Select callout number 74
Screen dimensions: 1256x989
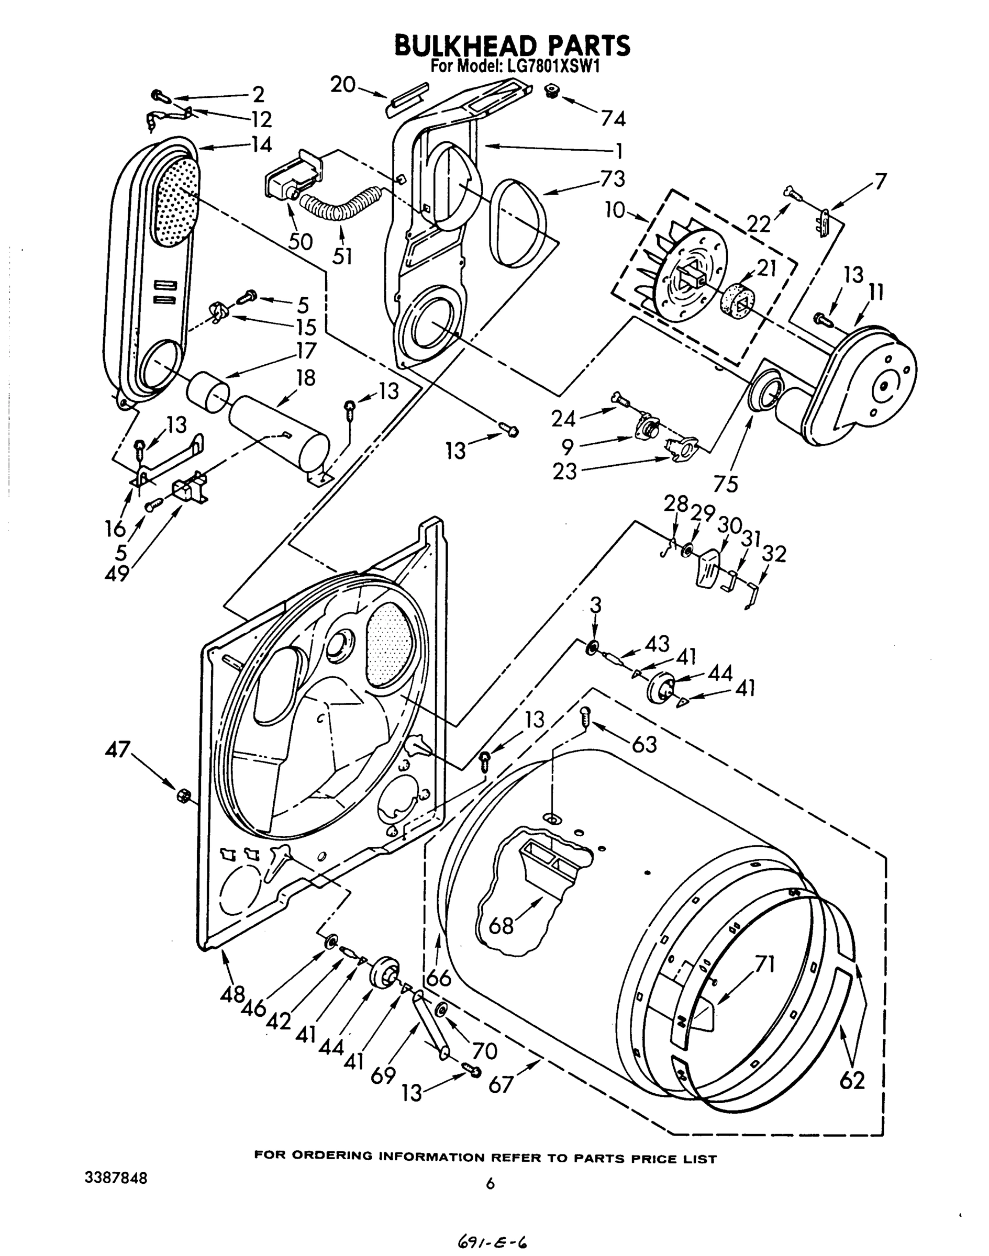coord(613,119)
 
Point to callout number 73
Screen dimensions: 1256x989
coord(613,179)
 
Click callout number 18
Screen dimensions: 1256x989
coord(305,378)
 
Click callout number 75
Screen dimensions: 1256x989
coord(726,484)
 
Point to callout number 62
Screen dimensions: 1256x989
coord(852,1080)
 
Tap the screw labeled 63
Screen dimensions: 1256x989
coord(585,719)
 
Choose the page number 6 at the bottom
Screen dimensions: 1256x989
coord(491,1184)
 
